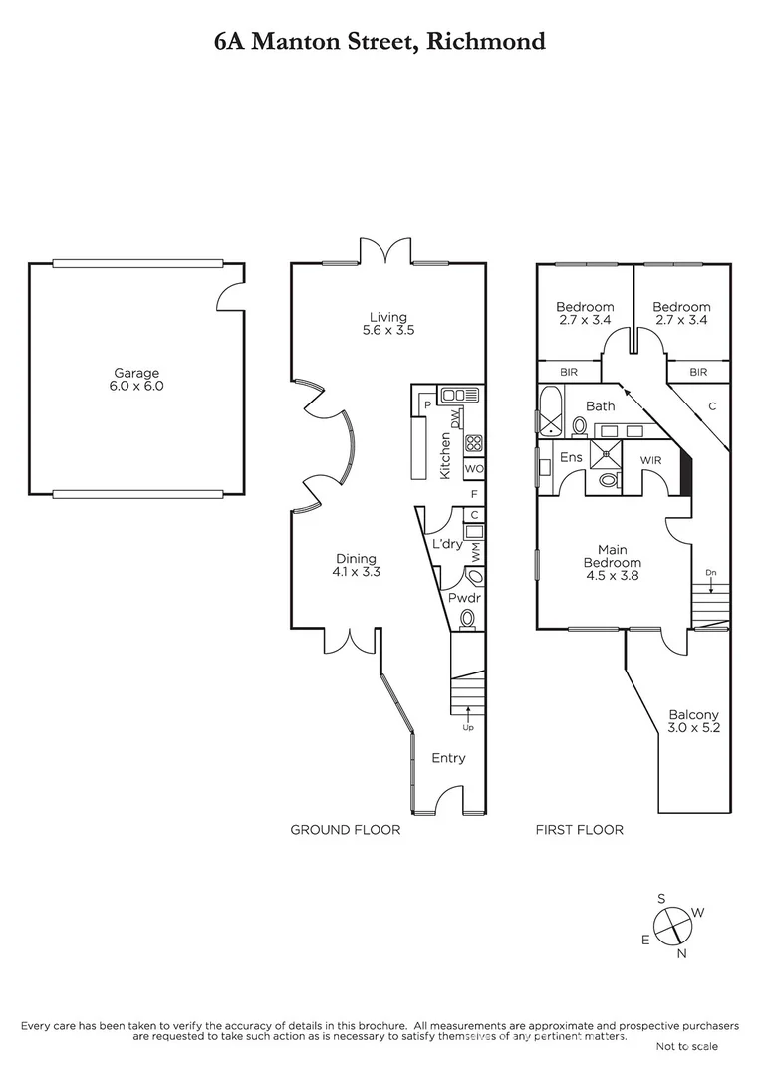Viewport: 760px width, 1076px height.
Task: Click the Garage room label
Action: tap(135, 380)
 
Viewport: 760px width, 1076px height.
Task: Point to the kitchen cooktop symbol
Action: tap(474, 444)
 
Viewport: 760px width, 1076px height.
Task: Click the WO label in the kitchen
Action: tap(474, 469)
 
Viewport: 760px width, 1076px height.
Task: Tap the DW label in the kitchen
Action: tap(454, 418)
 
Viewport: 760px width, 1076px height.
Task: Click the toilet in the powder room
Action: tap(467, 619)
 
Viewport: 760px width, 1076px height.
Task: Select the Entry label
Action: tap(448, 758)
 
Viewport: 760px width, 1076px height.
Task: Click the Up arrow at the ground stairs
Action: tap(468, 713)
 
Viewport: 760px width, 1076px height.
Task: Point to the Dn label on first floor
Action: tap(709, 573)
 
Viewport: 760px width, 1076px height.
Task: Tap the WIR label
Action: tap(651, 460)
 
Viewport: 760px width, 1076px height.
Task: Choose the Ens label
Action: tap(570, 457)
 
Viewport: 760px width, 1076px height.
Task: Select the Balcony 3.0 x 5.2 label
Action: tap(694, 721)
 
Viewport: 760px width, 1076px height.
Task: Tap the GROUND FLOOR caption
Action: tap(345, 830)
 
